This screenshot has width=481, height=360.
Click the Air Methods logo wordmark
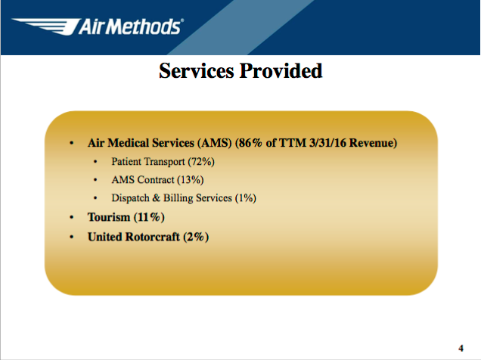131,26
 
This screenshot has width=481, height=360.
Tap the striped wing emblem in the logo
45,26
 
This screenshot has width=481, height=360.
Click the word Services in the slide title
197,71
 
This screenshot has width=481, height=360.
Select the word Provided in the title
281,71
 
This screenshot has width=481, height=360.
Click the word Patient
126,161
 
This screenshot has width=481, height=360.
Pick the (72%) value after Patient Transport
201,161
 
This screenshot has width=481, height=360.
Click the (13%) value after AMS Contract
190,179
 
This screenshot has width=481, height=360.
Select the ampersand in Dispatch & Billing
156,198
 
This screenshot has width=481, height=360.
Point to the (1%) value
245,198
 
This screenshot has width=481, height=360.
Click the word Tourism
109,217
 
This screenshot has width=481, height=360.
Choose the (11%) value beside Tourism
149,217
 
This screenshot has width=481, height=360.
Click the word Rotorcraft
153,237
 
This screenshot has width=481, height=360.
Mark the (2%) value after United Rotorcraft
196,237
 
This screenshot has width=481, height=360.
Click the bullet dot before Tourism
72,217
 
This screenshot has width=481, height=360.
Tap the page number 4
461,349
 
